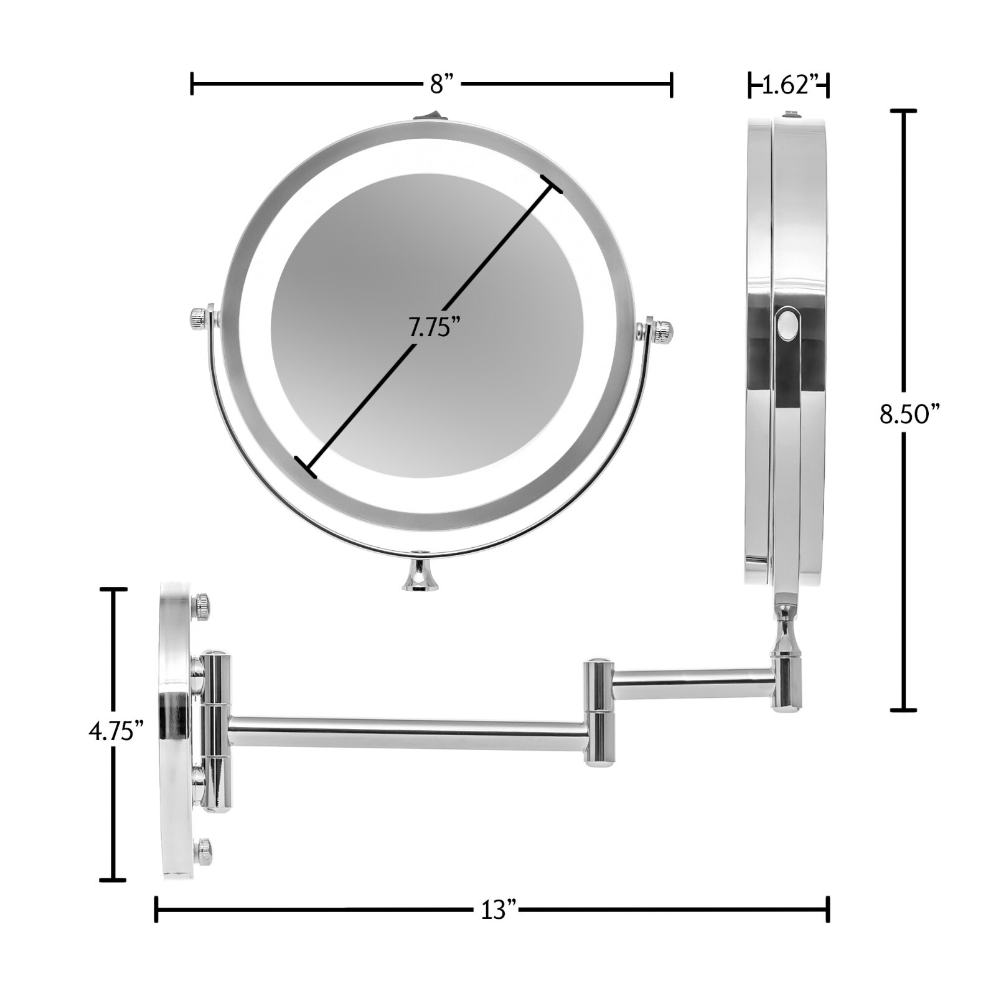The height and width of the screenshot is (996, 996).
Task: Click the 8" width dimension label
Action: point(444,83)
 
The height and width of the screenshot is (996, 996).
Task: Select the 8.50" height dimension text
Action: point(908,413)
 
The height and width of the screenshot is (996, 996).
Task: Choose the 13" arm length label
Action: point(499,910)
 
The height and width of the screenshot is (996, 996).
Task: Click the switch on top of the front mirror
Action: point(425,115)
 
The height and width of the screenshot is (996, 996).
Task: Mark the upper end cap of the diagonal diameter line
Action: point(552,184)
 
